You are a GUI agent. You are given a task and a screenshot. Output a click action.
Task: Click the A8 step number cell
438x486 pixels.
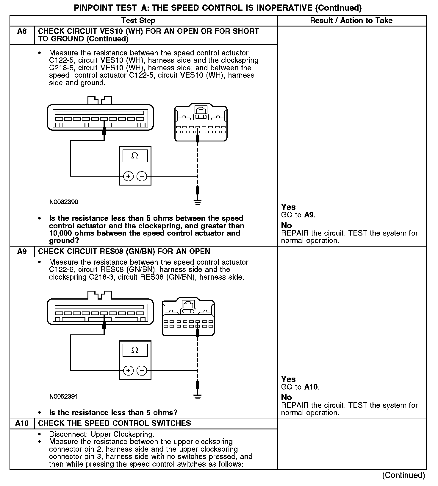click(x=22, y=31)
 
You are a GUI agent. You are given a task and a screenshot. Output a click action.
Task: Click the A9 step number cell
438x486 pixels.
click(x=22, y=251)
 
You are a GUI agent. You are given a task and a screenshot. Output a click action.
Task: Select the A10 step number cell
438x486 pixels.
click(x=22, y=423)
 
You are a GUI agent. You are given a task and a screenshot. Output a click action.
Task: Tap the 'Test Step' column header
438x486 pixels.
click(x=138, y=21)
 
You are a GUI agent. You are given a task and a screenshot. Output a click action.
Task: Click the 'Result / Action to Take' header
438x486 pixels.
click(x=351, y=21)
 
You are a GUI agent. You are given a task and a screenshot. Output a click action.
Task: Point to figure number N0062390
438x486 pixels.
click(x=64, y=202)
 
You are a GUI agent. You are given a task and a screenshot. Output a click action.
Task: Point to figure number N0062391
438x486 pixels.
click(x=64, y=396)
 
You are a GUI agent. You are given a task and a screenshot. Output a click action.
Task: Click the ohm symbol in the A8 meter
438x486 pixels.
click(x=135, y=156)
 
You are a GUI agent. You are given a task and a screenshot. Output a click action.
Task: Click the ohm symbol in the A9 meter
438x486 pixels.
click(x=135, y=350)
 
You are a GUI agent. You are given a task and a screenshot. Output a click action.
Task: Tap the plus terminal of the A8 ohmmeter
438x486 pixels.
click(x=128, y=176)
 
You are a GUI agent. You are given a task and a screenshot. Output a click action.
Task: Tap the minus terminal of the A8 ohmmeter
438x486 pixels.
click(x=142, y=176)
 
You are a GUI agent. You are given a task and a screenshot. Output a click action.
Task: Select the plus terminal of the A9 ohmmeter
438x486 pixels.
click(x=128, y=371)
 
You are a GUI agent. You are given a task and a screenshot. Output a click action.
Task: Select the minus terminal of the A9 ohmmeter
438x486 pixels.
click(x=142, y=371)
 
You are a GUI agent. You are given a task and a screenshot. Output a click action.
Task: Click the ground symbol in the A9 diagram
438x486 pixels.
click(x=197, y=397)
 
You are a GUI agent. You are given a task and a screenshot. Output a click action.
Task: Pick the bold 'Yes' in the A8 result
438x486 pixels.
click(x=288, y=207)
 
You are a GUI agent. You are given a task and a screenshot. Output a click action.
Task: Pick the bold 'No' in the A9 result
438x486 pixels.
click(x=287, y=397)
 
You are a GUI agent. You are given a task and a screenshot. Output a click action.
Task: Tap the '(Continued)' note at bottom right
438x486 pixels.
click(x=403, y=475)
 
